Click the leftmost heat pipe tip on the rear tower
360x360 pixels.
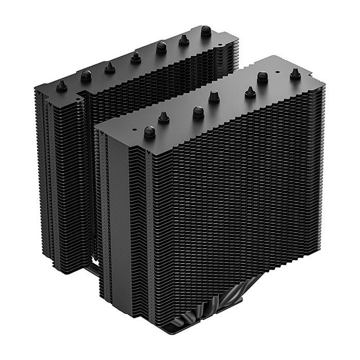(62, 86)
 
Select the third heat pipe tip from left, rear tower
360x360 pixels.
(110, 67)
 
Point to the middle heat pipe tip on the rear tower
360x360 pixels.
(136, 57)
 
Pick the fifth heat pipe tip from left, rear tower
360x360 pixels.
(161, 48)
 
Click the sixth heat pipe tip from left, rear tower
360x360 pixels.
(184, 40)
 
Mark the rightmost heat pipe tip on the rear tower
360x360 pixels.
(206, 31)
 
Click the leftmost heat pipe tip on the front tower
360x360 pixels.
(150, 132)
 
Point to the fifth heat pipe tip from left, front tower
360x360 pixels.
(250, 92)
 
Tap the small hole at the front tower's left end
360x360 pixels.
(135, 125)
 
